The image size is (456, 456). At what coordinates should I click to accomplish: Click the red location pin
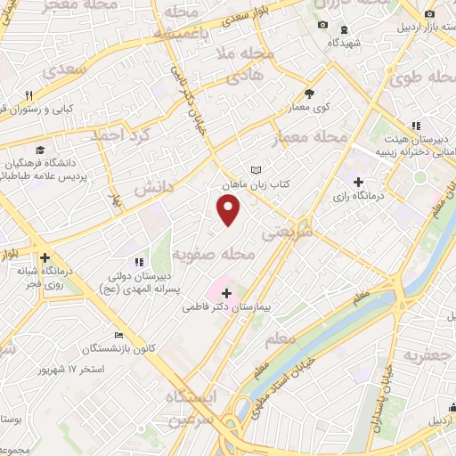point(230,209)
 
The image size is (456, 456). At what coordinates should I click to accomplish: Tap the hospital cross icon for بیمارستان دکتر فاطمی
point(226,292)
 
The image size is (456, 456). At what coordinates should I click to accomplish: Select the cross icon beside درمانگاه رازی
point(358,182)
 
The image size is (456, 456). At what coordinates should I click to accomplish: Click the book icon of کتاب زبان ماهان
point(257,169)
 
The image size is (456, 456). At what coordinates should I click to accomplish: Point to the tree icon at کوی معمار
point(309,93)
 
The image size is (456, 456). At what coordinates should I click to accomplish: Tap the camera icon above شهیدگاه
point(323,24)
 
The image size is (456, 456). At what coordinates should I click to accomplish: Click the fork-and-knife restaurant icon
point(28,95)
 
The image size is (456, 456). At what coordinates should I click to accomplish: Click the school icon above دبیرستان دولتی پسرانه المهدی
point(138,262)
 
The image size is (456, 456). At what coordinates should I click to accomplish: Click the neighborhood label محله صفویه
point(221,255)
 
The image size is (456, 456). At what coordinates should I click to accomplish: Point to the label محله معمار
point(318,137)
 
